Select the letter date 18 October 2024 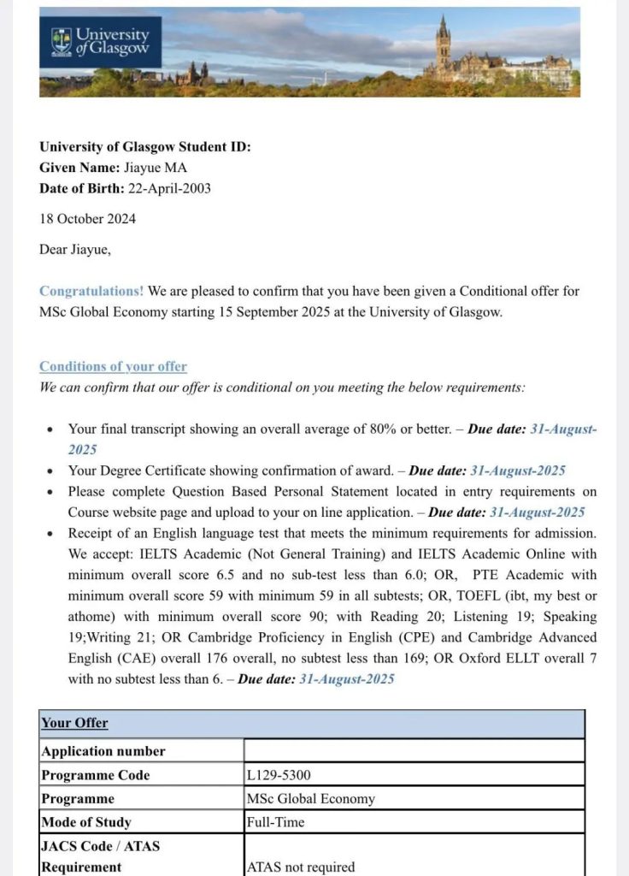click(x=87, y=218)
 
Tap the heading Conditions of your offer click(x=113, y=366)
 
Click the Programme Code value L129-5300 click(x=279, y=775)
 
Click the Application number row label click(x=103, y=751)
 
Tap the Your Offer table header click(x=74, y=723)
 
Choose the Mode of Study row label click(x=86, y=822)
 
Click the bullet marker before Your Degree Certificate click(x=50, y=471)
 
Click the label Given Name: click(x=74, y=168)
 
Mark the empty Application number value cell click(x=414, y=751)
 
